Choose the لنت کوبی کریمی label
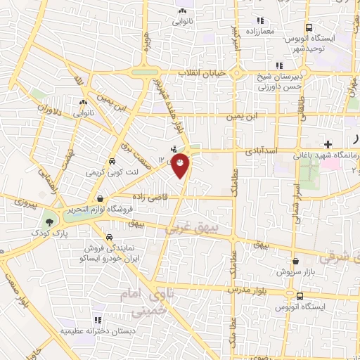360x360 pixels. (x=110, y=172)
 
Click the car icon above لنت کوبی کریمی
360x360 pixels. (x=112, y=160)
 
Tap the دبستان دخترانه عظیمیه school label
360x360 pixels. (x=87, y=329)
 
